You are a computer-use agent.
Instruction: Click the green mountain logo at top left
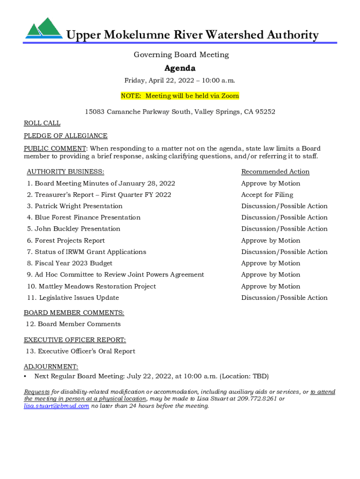43,29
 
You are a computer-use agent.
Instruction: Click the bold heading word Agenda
180,68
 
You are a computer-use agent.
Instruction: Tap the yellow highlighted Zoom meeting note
180,96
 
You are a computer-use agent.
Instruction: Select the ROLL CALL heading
42,123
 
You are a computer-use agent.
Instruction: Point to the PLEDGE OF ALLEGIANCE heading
65,136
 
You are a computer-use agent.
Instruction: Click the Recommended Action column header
275,172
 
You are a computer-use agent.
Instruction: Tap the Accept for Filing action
267,195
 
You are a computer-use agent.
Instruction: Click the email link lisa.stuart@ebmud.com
57,406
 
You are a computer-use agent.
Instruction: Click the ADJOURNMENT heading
51,367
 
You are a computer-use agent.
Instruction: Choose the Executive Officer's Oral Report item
81,351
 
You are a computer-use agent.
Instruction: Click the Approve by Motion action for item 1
271,183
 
